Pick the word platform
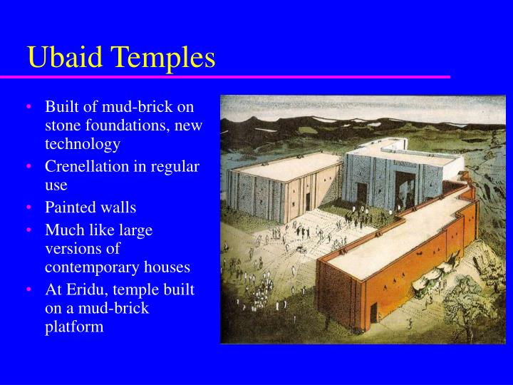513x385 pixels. (x=74, y=327)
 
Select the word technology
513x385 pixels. (x=82, y=144)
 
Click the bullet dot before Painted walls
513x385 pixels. (x=29, y=208)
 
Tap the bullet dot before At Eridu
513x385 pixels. (x=29, y=290)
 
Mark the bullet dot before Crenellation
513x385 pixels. (x=29, y=167)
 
